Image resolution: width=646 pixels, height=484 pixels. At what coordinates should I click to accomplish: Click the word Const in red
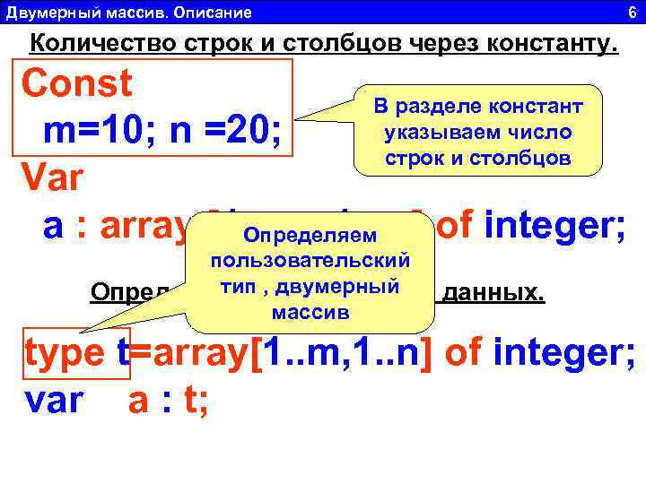77,85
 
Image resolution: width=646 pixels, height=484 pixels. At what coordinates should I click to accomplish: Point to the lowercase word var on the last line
56,402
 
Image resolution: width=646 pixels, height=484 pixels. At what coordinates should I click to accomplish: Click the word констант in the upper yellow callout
537,107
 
